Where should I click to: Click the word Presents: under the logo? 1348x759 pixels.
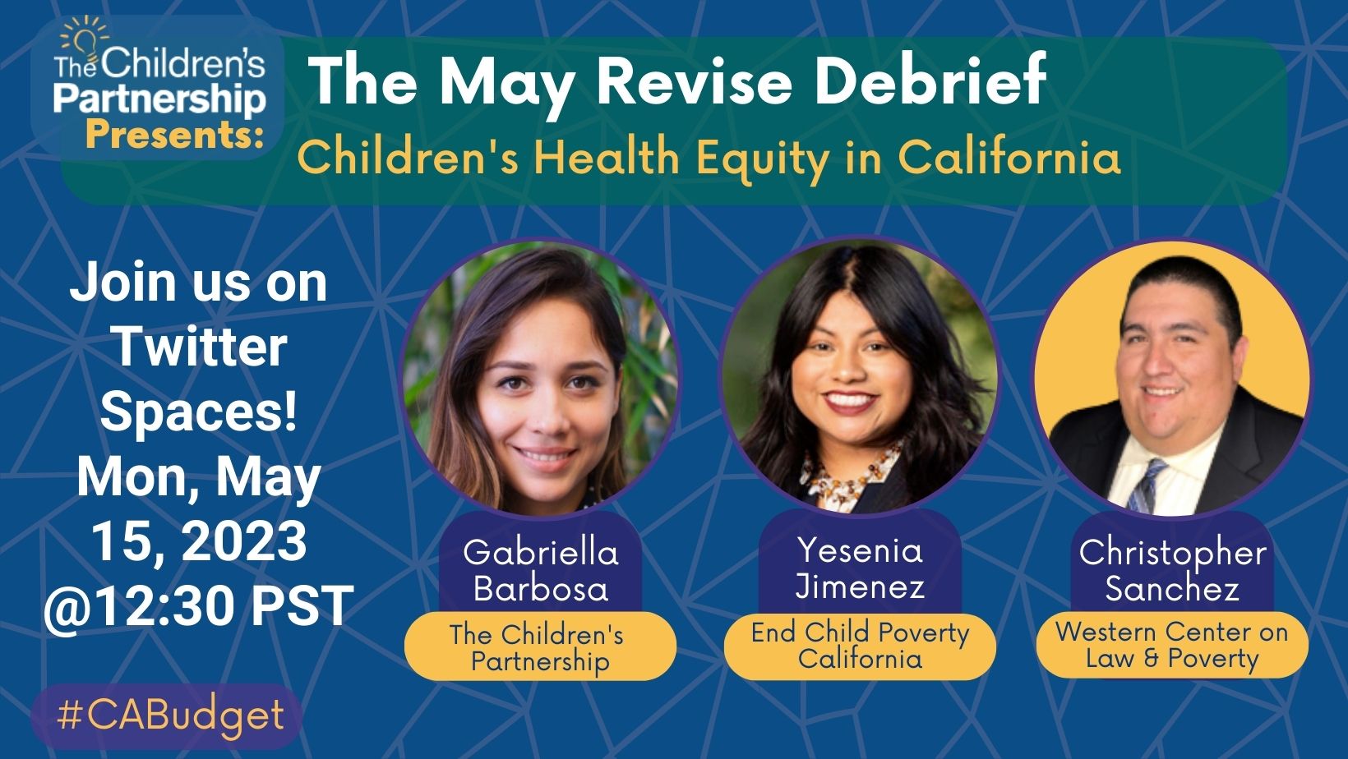click(x=174, y=134)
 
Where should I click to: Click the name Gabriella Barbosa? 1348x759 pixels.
click(x=540, y=570)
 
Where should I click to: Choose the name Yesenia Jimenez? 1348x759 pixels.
click(x=861, y=568)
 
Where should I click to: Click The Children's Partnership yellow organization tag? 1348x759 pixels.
click(x=540, y=647)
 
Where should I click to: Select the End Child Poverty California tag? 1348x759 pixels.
click(x=861, y=646)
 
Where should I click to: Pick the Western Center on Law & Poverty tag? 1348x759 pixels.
click(x=1172, y=645)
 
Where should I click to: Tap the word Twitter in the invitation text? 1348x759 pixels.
click(x=198, y=347)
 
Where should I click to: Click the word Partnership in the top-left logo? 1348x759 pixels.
click(x=159, y=99)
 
